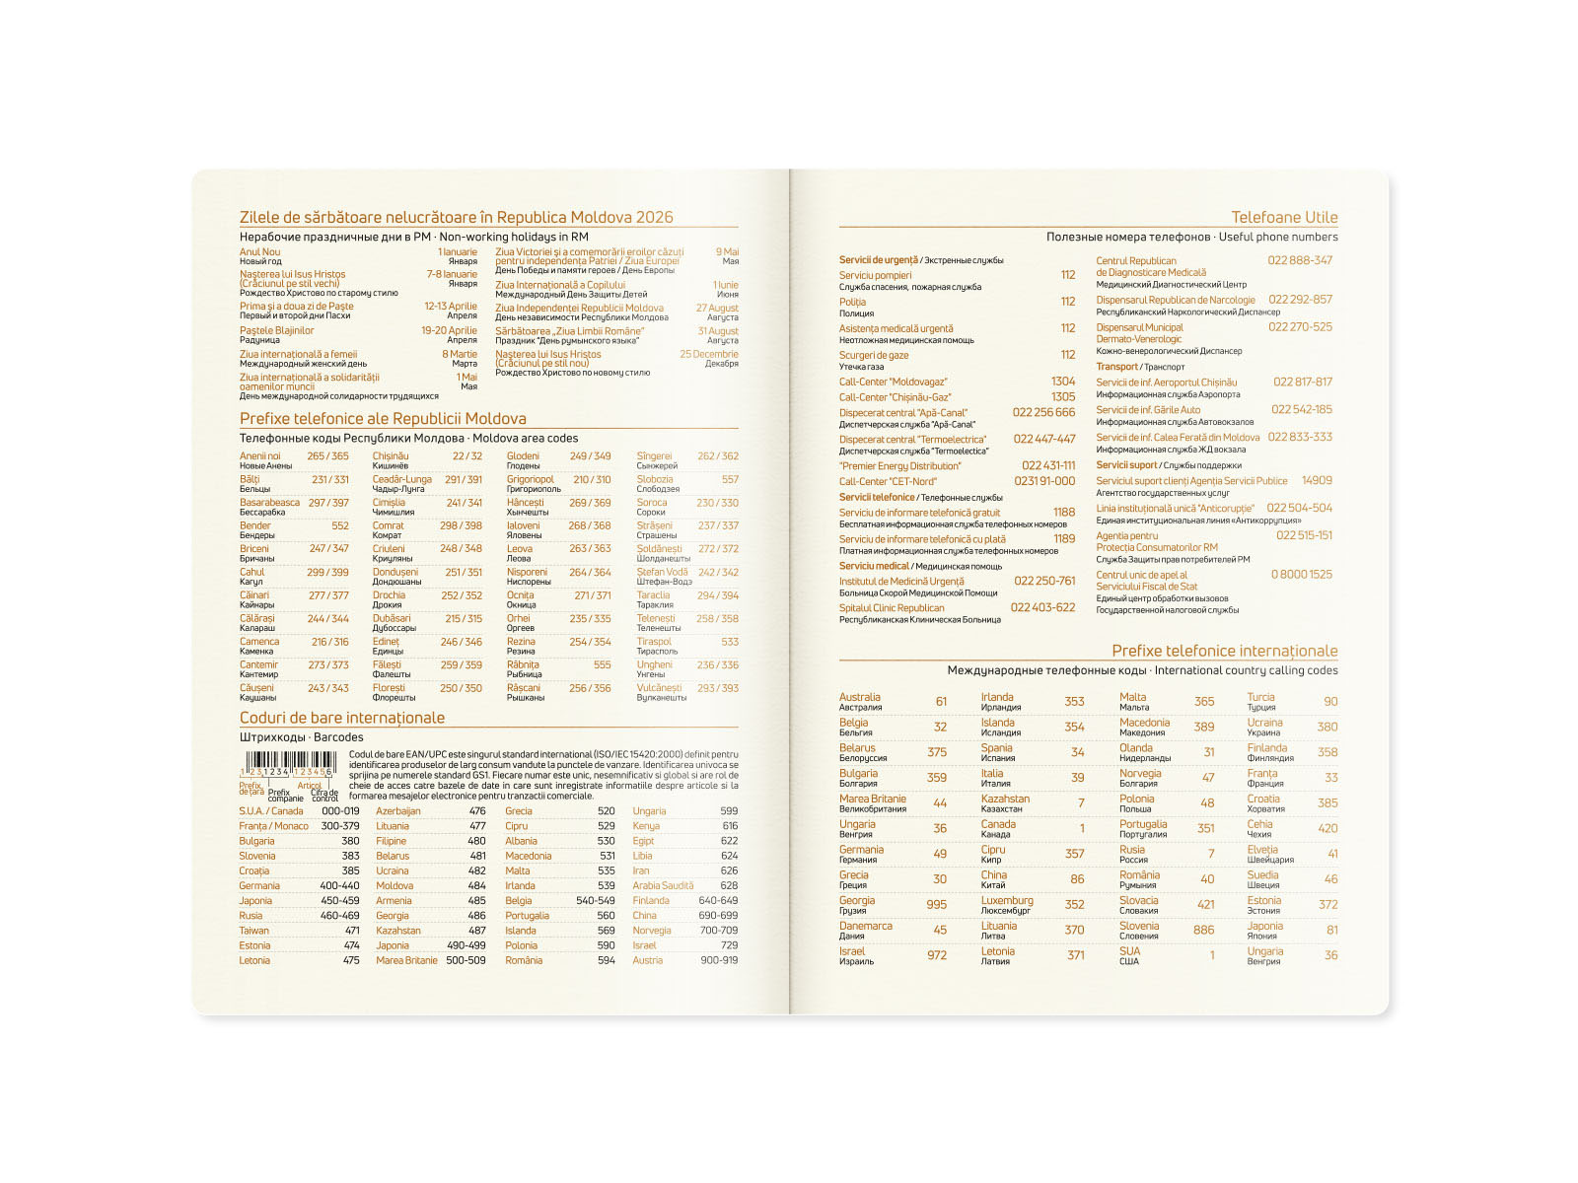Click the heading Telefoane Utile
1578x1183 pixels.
point(1284,218)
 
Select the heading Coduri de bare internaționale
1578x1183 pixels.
point(342,718)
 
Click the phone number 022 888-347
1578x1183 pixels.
point(1300,260)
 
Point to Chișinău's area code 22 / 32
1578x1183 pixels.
point(467,456)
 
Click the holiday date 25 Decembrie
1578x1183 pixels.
point(708,354)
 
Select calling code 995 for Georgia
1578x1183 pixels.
point(936,905)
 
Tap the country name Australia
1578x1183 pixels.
point(860,697)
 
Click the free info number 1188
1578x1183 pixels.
point(1063,512)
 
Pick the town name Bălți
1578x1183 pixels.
point(250,479)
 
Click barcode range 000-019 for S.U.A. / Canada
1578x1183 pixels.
point(340,811)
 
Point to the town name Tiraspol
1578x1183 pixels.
point(654,642)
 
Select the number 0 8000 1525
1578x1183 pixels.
point(1301,575)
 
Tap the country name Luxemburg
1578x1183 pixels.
point(1007,900)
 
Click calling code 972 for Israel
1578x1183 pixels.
point(936,955)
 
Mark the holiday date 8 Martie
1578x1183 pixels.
point(460,354)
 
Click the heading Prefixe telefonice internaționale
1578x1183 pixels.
point(1224,651)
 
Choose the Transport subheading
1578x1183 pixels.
point(1116,367)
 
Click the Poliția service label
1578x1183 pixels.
point(852,302)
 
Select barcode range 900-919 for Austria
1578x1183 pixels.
point(718,960)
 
